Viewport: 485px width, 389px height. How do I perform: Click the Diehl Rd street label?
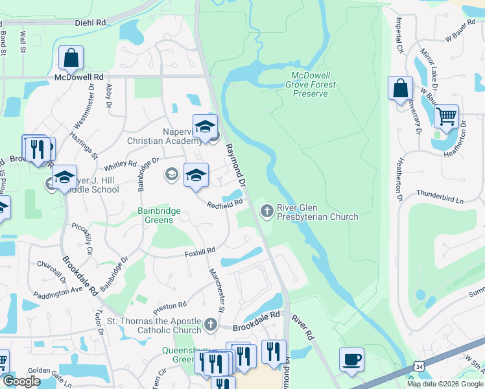90,22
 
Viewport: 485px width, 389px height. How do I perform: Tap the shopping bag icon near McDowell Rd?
71,58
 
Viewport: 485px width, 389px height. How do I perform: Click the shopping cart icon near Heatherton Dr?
446,117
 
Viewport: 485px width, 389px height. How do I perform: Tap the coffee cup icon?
351,360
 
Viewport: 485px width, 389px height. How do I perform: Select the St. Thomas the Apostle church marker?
210,324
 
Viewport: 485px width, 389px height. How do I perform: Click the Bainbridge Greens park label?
155,215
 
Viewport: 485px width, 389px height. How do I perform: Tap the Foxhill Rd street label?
199,250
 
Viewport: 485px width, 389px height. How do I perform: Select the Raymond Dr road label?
236,165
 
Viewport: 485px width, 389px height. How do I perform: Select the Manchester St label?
216,290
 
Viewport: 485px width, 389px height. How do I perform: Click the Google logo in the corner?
21,381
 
